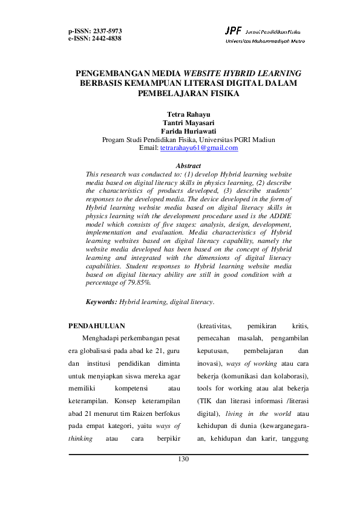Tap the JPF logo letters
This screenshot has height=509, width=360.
233,30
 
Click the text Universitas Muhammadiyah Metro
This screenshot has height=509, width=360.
265,41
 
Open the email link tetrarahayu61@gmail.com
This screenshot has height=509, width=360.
198,148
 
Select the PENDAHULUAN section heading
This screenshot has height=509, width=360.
97,326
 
